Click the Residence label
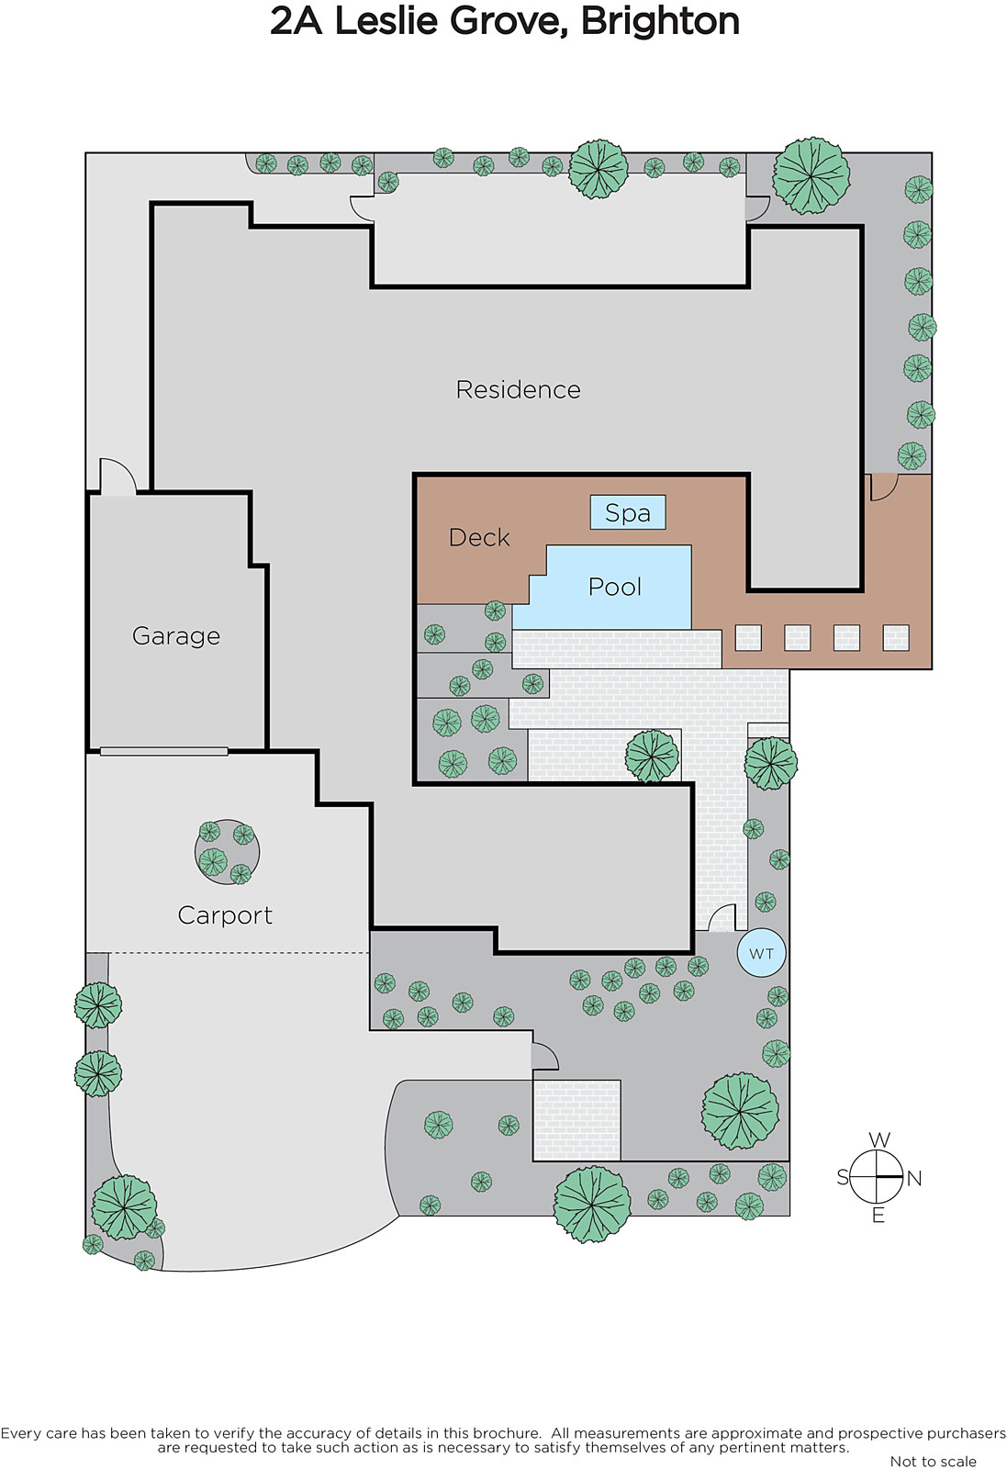[x=518, y=390]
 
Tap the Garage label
[x=176, y=635]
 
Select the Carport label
[x=225, y=915]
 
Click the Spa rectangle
[x=628, y=512]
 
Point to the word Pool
[x=615, y=587]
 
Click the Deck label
[x=479, y=537]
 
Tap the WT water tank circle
[x=761, y=953]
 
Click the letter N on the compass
[x=914, y=1178]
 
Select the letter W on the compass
[x=878, y=1139]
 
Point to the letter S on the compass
[x=843, y=1177]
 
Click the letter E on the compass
[x=878, y=1216]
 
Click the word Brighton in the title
[x=660, y=21]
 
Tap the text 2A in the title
[x=296, y=21]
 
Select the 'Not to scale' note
[x=933, y=1462]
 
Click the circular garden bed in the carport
[x=227, y=852]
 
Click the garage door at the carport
[x=164, y=751]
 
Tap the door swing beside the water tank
[x=722, y=918]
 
